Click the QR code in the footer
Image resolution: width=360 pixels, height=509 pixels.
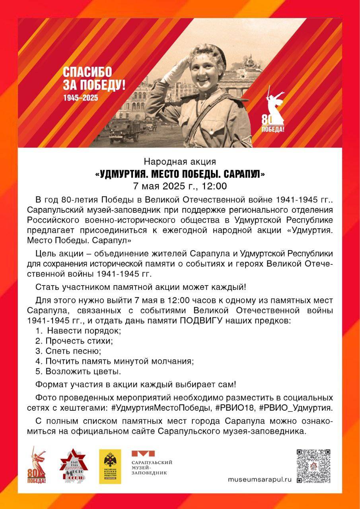(x=313, y=466)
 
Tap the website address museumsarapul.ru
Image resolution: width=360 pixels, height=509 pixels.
(x=259, y=480)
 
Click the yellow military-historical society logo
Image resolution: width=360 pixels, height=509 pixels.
(x=110, y=466)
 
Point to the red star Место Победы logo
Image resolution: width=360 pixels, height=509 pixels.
(x=73, y=465)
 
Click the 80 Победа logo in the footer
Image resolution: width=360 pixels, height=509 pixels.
(x=37, y=465)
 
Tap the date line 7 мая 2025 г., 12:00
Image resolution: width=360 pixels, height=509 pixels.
(x=180, y=186)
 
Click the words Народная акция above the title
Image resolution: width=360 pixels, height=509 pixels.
(x=180, y=162)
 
